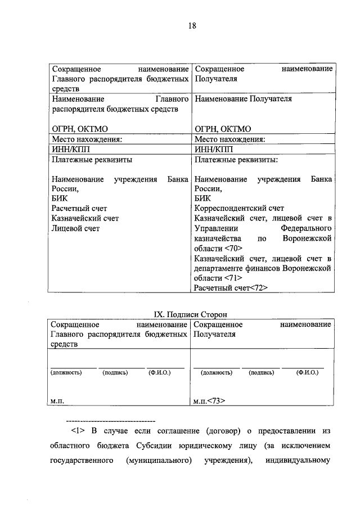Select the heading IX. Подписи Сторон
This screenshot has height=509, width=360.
point(191,314)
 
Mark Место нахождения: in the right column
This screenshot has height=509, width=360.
point(229,139)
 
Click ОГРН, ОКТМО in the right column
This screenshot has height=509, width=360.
point(222,129)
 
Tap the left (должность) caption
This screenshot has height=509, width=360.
point(66,372)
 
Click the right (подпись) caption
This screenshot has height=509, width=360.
point(262,372)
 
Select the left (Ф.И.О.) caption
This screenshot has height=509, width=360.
point(160,372)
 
